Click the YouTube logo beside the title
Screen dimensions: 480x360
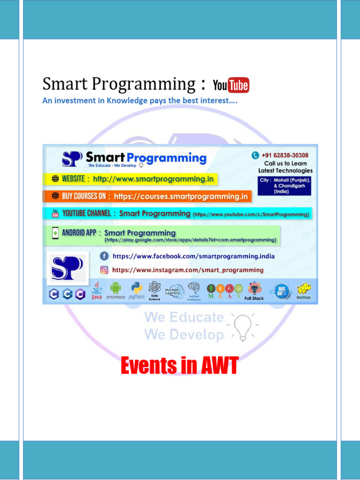231,85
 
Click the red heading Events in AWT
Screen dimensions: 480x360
179,365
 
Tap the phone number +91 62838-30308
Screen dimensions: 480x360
285,155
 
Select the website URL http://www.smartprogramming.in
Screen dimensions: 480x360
153,179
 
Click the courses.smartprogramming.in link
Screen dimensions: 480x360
180,196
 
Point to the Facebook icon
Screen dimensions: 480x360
104,256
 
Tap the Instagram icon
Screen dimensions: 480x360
104,270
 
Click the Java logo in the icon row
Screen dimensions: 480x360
97,290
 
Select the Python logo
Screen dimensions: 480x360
136,288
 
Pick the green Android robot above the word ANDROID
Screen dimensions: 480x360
115,287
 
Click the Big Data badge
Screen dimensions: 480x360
282,290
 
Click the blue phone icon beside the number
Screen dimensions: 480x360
255,155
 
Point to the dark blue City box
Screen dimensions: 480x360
285,186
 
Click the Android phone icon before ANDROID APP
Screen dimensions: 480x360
55,232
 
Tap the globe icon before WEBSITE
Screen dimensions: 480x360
55,179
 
